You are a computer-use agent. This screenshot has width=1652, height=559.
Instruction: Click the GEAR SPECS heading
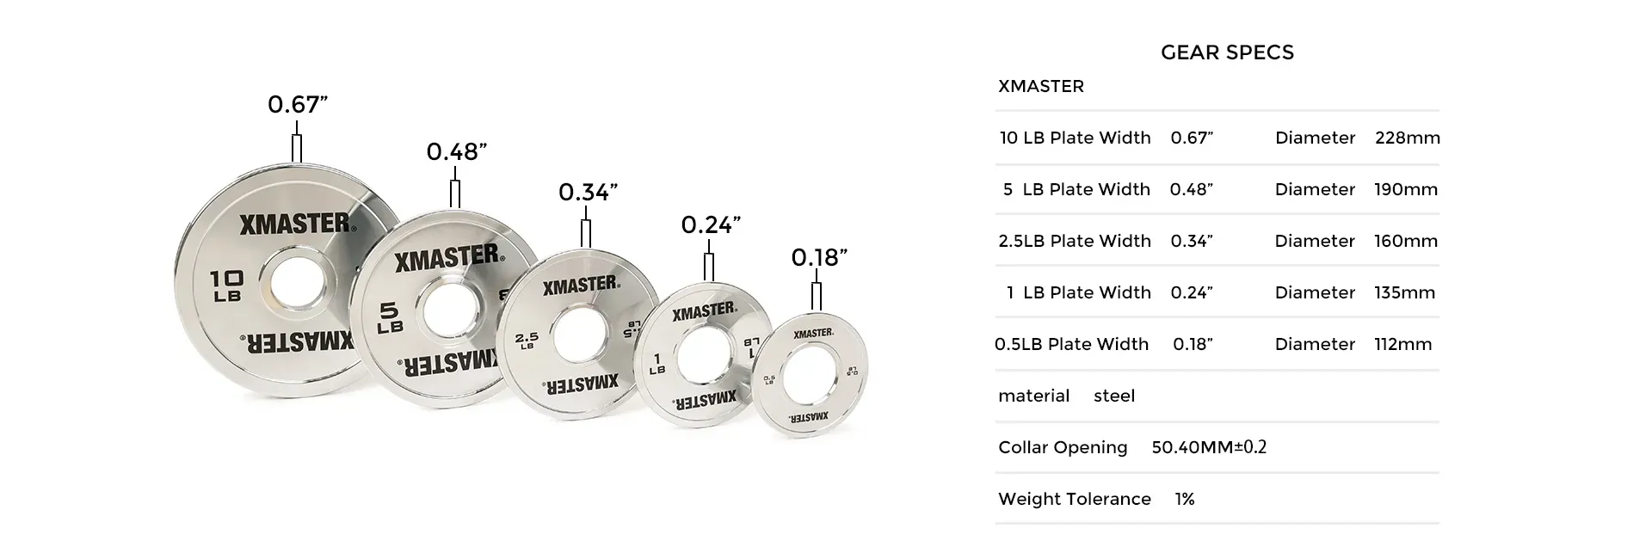[x=1227, y=52]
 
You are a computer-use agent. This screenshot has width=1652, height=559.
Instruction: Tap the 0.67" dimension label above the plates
[x=298, y=104]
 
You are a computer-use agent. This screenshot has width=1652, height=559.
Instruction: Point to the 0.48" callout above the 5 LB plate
[x=457, y=151]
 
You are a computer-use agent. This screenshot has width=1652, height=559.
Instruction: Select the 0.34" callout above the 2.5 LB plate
[x=589, y=192]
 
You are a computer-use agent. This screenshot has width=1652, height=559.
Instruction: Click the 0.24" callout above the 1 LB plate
[x=711, y=224]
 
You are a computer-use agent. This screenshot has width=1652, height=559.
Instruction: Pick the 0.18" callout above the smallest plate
[x=819, y=257]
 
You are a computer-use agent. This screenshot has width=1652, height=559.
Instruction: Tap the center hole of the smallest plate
[x=807, y=375]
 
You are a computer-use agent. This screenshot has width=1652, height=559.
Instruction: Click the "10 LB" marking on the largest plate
[x=227, y=286]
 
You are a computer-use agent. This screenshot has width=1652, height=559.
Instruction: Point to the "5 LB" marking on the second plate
[x=391, y=316]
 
